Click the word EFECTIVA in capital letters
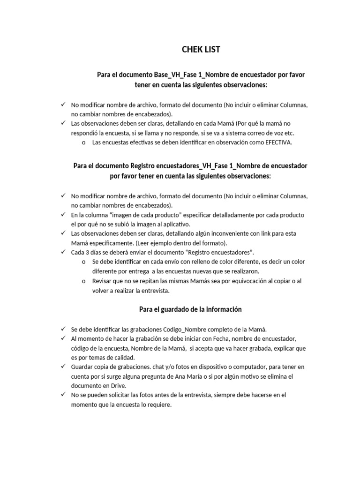[x=277, y=143]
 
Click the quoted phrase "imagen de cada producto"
[x=154, y=215]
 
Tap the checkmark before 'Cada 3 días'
[x=63, y=252]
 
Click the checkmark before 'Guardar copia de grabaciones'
[x=63, y=366]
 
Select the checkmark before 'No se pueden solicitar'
[x=63, y=394]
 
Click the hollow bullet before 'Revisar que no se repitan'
[x=83, y=281]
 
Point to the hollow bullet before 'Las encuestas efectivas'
[x=83, y=143]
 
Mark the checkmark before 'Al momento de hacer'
[x=63, y=338]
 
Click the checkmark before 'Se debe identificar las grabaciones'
[x=63, y=329]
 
